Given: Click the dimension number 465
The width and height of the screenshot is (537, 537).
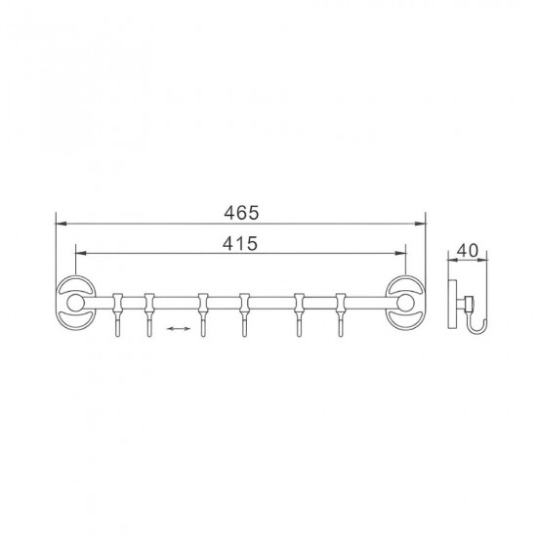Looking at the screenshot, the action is pos(241,213).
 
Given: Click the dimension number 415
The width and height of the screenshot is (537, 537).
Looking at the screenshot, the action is pos(240,243).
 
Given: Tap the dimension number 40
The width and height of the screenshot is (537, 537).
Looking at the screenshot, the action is pos(468,251).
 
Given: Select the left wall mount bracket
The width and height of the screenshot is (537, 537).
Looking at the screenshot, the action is pos(76,303).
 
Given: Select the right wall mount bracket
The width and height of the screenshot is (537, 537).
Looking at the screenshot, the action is pos(406,303).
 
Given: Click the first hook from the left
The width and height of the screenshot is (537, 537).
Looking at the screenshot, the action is pos(117,314).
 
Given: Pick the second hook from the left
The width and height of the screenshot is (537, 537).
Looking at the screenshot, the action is pos(148,314).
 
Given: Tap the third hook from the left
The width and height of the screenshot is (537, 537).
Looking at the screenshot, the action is pos(203,314).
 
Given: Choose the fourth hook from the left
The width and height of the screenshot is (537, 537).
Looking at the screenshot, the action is pos(244,314).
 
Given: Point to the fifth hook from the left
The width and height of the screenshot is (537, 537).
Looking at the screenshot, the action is pos(300,314).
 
